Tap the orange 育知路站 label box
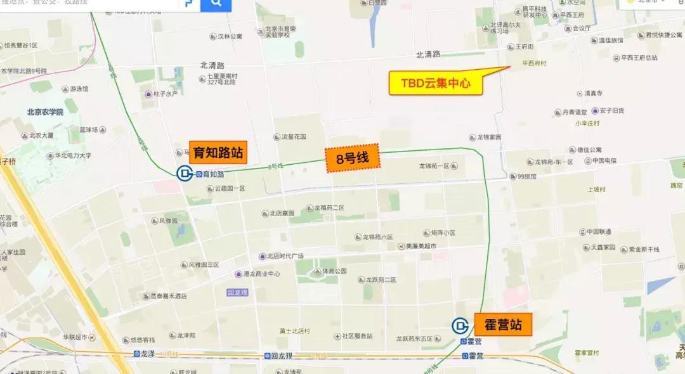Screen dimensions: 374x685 click(x=218, y=153)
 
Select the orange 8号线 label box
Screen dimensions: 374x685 click(x=353, y=160)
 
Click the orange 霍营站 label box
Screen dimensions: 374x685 click(x=503, y=325)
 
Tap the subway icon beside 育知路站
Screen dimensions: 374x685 click(x=184, y=173)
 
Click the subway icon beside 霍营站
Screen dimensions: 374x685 click(x=460, y=326)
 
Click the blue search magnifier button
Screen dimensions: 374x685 click(x=216, y=5)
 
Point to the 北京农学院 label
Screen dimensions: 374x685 click(x=45, y=112)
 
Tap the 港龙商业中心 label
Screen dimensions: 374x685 click(x=261, y=274)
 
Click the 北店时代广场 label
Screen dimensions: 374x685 click(x=285, y=256)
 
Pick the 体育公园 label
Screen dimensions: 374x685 click(x=334, y=271)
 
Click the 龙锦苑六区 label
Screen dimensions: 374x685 click(x=378, y=237)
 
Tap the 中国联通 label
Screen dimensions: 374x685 click(x=598, y=231)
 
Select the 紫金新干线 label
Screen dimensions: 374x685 click(x=643, y=249)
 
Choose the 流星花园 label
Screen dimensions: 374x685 click(x=294, y=136)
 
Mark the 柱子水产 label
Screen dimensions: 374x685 click(x=164, y=94)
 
